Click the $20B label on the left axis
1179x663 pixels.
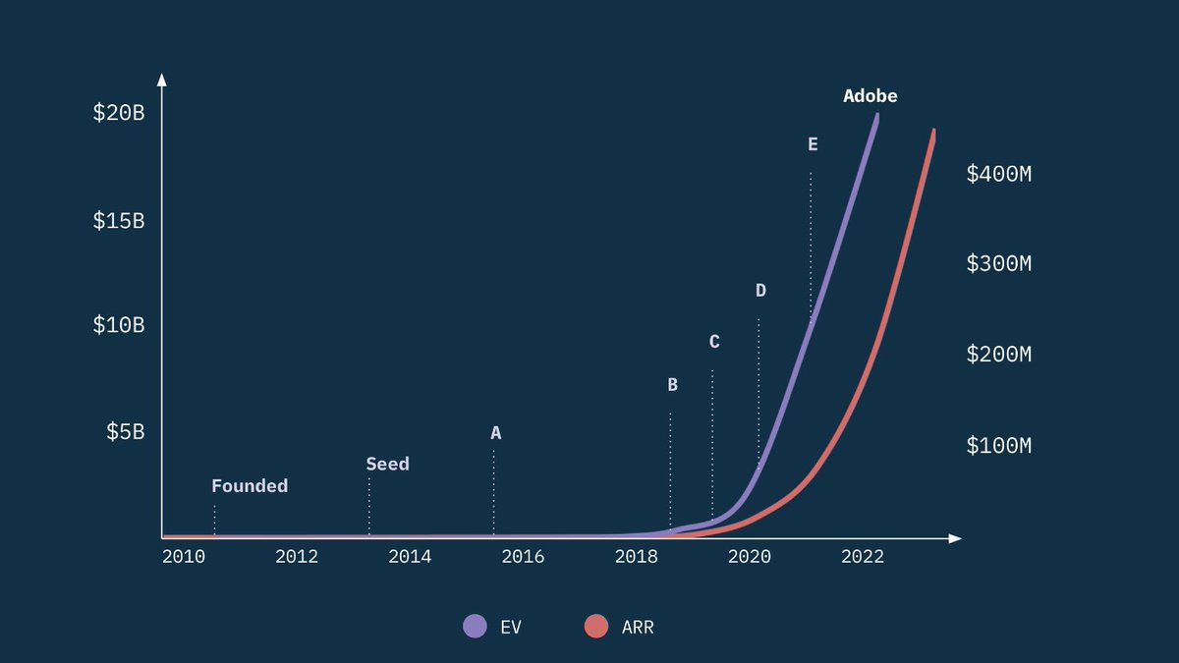coord(119,113)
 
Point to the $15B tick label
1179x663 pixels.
coord(119,221)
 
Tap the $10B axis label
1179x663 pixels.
coord(119,325)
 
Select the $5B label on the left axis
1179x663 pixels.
coord(126,432)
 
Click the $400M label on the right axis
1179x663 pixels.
coord(999,175)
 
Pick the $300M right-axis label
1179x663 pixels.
coord(999,264)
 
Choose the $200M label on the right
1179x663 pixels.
coord(999,355)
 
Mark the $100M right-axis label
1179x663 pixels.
coord(999,446)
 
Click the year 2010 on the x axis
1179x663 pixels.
coord(184,557)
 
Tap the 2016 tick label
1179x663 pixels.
coord(523,557)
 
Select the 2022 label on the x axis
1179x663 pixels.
coord(863,557)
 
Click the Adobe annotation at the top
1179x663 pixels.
coord(870,96)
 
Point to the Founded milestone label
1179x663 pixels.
coord(250,486)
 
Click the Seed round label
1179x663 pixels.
coord(387,464)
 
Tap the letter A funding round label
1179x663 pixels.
coord(496,433)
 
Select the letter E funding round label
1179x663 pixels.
coord(813,144)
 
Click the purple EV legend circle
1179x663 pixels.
coord(475,627)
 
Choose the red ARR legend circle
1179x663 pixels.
coord(596,627)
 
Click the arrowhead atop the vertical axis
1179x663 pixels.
coord(162,80)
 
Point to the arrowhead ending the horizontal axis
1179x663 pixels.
coord(955,538)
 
